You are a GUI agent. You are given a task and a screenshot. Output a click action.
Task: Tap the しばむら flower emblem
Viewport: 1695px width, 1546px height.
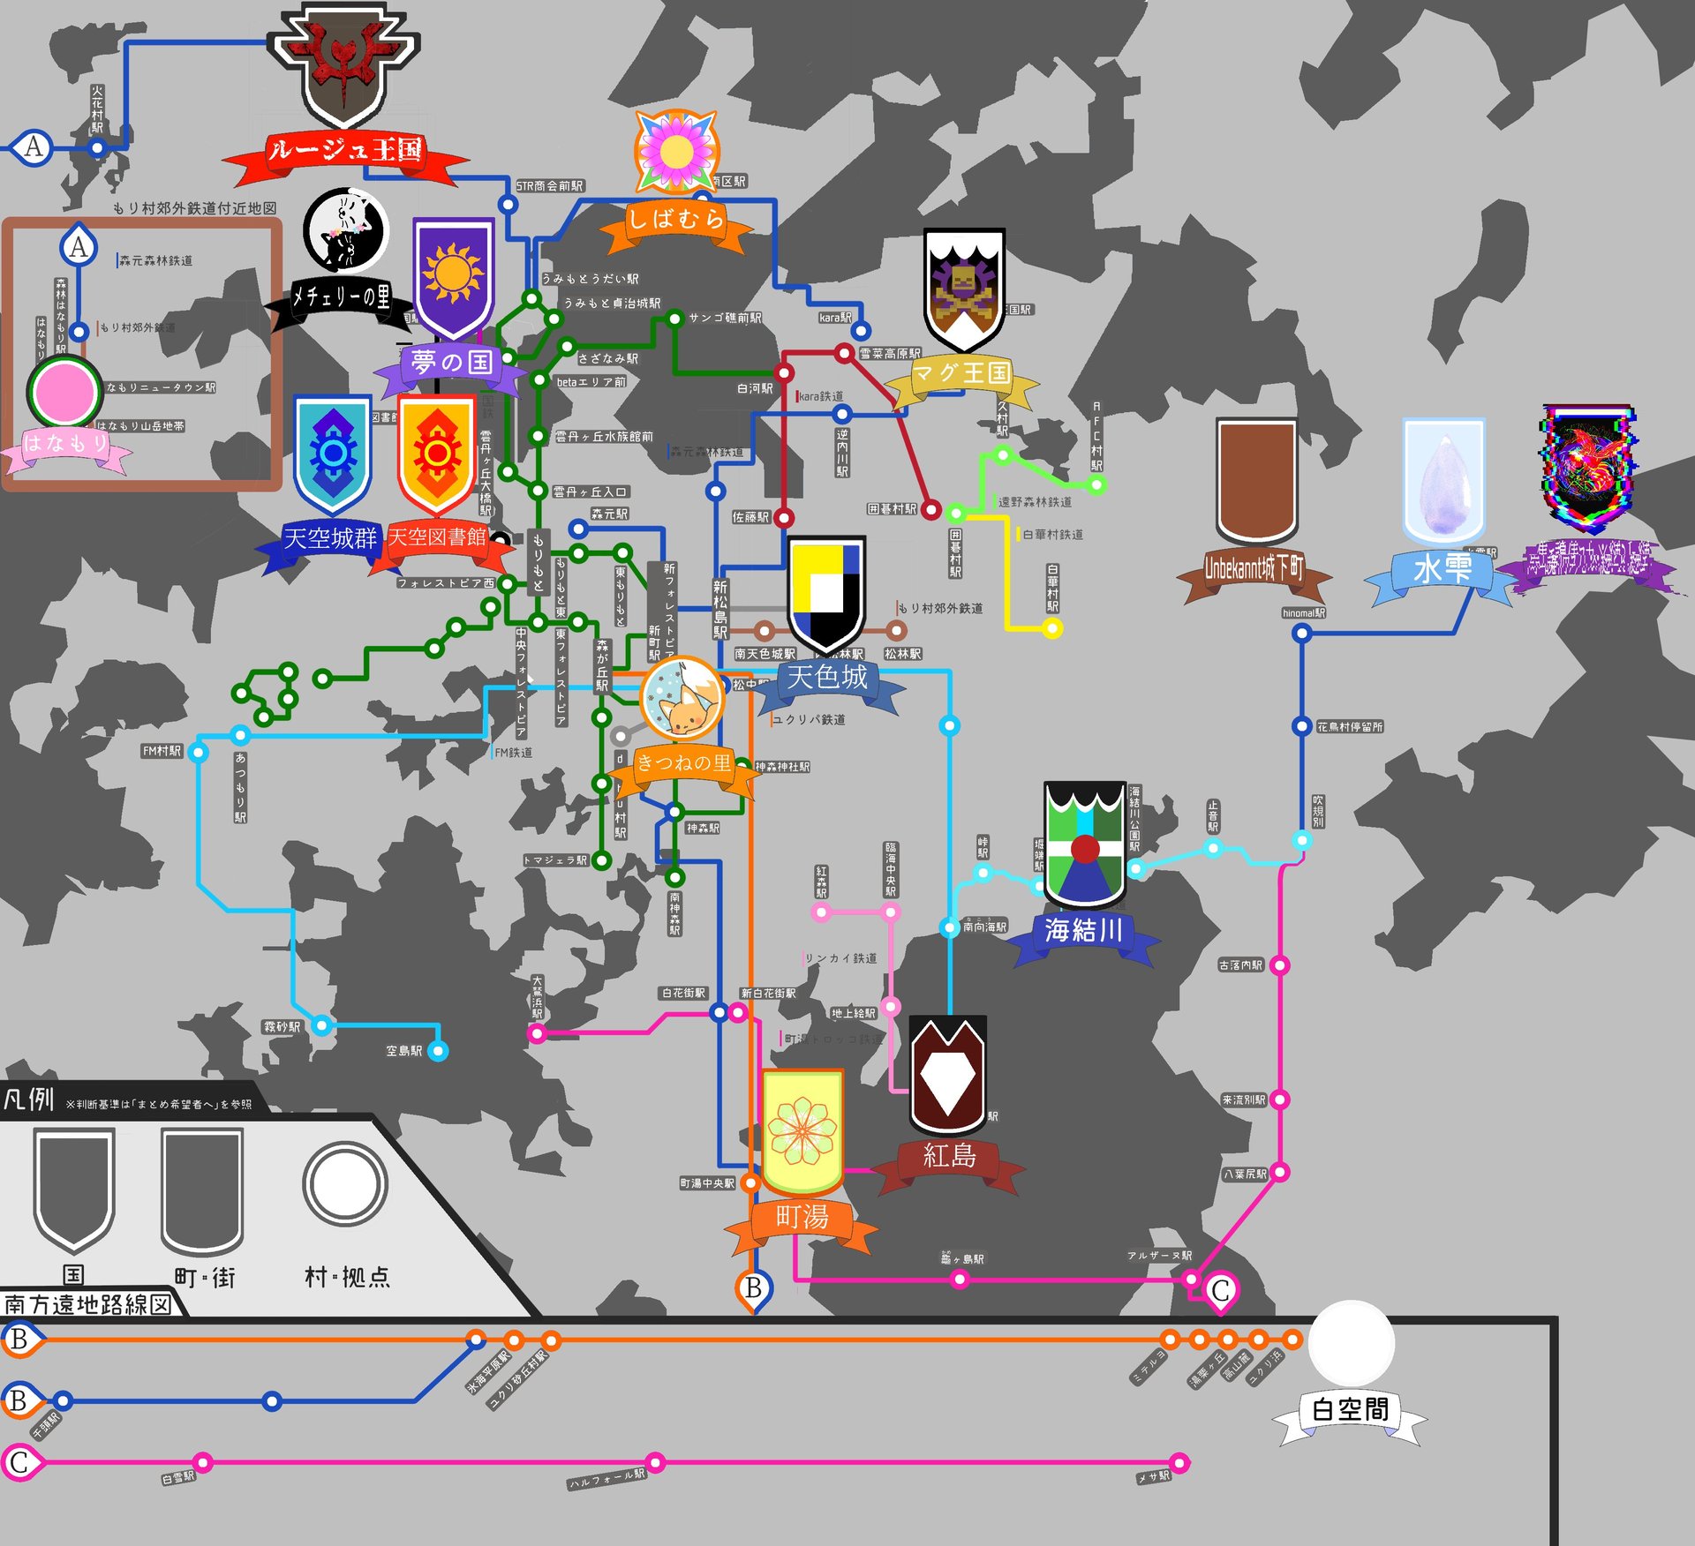pyautogui.click(x=677, y=151)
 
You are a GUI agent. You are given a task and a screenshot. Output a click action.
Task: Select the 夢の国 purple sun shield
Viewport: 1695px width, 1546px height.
pyautogui.click(x=453, y=275)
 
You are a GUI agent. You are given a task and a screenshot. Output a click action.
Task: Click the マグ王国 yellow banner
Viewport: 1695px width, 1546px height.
pyautogui.click(x=961, y=373)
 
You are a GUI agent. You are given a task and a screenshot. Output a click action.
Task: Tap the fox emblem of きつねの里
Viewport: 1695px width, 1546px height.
pyautogui.click(x=682, y=699)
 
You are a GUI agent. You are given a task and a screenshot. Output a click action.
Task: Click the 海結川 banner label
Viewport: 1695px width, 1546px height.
pyautogui.click(x=1083, y=930)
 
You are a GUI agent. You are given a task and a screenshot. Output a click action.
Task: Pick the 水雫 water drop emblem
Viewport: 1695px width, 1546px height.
pyautogui.click(x=1444, y=482)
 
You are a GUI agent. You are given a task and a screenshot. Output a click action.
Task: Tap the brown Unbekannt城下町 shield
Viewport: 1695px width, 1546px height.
pyautogui.click(x=1256, y=479)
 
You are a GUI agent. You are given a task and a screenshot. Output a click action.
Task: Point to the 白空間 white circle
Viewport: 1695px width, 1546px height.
pyautogui.click(x=1350, y=1342)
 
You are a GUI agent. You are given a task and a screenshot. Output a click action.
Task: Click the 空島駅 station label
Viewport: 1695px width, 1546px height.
pyautogui.click(x=404, y=1051)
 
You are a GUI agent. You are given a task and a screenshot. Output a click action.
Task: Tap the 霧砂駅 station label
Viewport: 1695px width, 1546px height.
pyautogui.click(x=282, y=1027)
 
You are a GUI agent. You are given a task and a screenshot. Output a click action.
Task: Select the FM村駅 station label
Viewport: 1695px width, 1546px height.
pyautogui.click(x=162, y=751)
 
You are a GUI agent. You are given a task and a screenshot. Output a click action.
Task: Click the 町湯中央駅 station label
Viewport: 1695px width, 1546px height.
pyautogui.click(x=707, y=1183)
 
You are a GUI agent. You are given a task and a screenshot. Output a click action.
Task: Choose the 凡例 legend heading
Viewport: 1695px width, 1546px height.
pyautogui.click(x=29, y=1100)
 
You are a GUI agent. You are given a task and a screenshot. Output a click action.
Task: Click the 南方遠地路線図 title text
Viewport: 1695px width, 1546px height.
pyautogui.click(x=87, y=1304)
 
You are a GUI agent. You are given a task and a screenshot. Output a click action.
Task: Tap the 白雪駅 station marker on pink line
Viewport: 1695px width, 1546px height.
pyautogui.click(x=202, y=1463)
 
